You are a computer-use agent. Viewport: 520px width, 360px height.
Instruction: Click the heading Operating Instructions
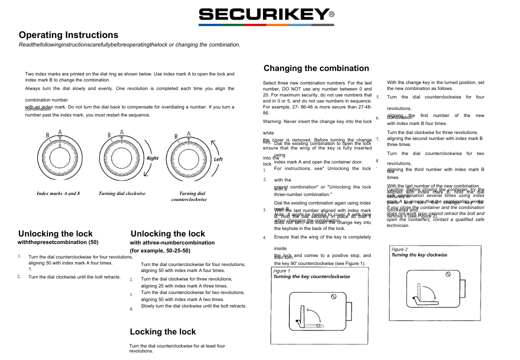[68, 35]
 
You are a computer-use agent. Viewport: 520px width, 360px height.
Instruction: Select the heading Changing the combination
[316, 68]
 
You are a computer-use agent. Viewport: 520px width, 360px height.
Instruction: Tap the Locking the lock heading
[163, 331]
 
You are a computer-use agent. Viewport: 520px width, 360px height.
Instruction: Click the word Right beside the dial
[152, 158]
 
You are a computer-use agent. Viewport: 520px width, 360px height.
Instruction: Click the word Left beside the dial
[218, 159]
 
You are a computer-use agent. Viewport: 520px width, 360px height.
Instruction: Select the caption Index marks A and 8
[58, 193]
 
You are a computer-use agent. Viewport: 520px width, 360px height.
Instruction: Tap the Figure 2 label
[399, 249]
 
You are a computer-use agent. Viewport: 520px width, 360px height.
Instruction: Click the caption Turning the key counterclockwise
[311, 276]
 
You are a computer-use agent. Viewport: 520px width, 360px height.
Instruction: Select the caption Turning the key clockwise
[419, 255]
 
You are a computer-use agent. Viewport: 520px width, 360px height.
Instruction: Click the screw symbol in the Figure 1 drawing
[333, 296]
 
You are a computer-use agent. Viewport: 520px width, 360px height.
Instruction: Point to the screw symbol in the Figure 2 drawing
[448, 274]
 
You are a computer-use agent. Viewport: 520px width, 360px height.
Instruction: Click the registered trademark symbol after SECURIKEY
[331, 15]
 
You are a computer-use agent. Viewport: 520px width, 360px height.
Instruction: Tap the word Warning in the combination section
[273, 121]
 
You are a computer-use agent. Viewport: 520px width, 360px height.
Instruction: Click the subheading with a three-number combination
[172, 243]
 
